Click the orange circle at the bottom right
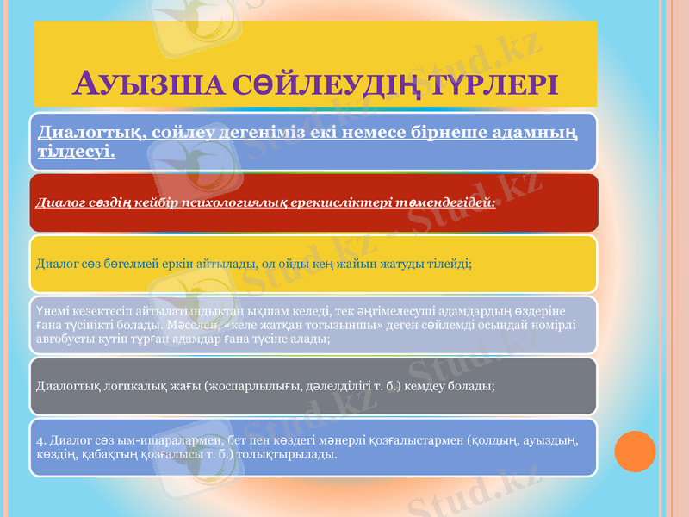(636, 451)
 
